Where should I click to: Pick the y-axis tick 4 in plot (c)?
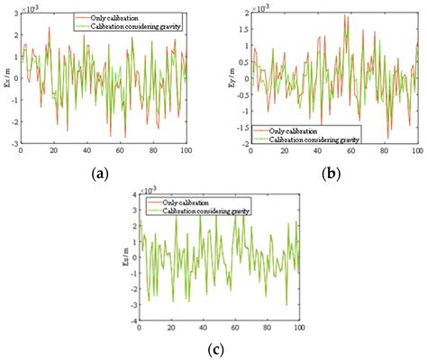coord(132,194)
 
